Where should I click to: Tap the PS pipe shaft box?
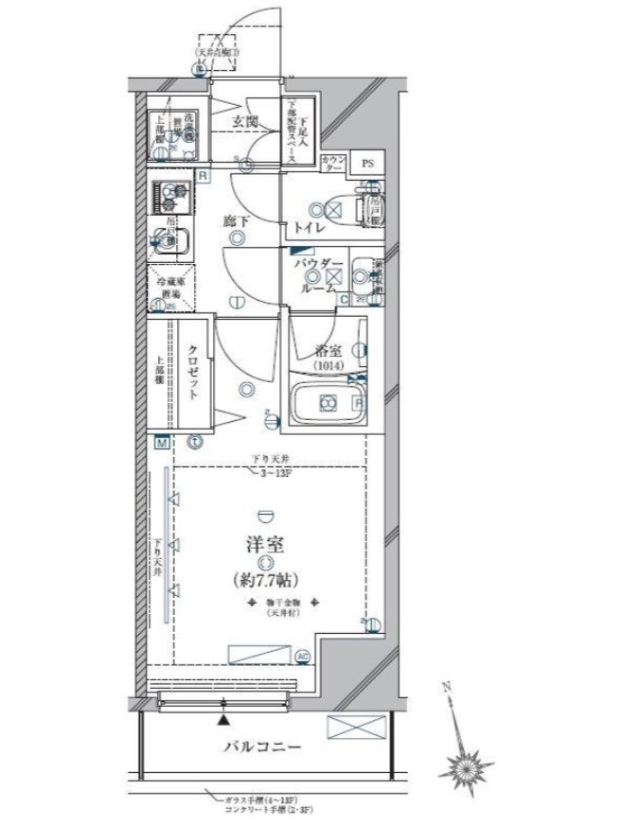pos(367,164)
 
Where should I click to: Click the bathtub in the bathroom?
pos(327,404)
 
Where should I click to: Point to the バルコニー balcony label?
pos(262,747)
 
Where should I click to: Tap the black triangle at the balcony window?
pos(222,720)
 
